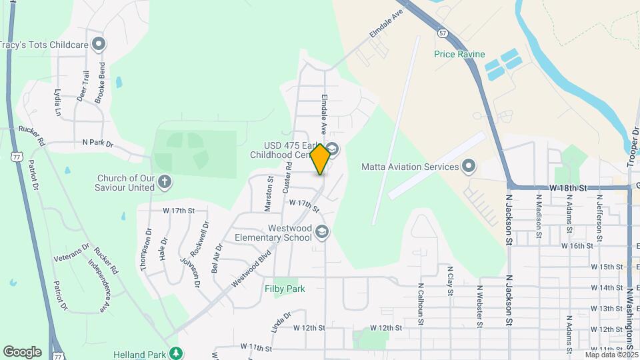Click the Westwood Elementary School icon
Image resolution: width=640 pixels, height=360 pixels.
coord(322,232)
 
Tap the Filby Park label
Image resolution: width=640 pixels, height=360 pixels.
coord(285,289)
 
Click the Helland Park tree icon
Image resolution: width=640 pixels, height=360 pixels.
coord(175,353)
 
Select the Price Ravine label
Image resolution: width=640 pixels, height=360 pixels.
coord(459,54)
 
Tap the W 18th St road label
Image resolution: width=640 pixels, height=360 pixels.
coord(568,189)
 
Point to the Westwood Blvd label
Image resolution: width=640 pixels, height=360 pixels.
coord(253,269)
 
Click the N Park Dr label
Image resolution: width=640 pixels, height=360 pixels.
coord(98,142)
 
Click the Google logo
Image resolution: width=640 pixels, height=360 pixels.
coord(21,351)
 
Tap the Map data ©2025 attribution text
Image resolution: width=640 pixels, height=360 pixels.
coord(611,355)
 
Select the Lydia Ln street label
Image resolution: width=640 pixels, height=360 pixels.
coord(58,103)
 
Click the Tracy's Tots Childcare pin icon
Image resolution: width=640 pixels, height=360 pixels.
coord(99,45)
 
